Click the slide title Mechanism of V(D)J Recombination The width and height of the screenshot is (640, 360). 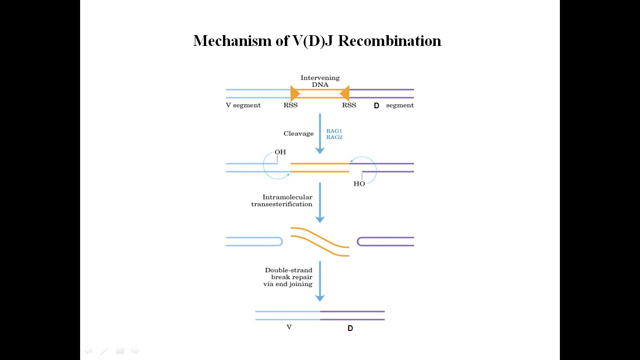point(317,41)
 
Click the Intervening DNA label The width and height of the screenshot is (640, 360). point(320,81)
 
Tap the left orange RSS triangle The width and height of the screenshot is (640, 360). point(295,93)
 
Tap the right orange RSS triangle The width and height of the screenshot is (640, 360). point(345,93)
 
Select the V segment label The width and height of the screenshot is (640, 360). point(243,105)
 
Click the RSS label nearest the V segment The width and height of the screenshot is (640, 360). point(290,105)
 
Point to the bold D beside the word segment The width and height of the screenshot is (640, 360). point(376,106)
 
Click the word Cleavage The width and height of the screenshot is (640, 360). point(298,134)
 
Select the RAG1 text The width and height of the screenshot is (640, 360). point(334,130)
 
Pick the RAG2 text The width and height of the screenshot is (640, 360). point(334,137)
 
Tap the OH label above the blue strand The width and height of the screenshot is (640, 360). point(280,152)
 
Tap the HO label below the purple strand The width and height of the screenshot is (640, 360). point(359,184)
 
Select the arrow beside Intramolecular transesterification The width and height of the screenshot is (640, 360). point(320,202)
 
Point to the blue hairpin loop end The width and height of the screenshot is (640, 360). point(280,241)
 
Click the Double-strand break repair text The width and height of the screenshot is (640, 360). point(289,277)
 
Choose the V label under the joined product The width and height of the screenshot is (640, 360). point(289,327)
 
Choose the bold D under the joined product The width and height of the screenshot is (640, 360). point(350,329)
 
